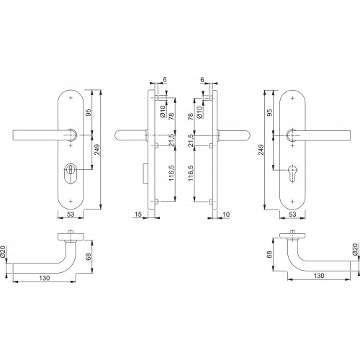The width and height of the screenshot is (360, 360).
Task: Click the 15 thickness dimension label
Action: (138, 214)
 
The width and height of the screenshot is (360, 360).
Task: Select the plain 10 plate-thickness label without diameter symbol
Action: (226, 214)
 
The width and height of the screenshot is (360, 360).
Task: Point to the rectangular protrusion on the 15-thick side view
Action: (145, 174)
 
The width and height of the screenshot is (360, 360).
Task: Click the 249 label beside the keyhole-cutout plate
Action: (261, 150)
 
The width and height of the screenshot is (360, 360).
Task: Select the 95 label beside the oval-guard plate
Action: (89, 112)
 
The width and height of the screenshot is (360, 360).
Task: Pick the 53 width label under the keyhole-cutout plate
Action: (292, 214)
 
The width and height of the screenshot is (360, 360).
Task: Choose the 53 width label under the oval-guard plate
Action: (71, 214)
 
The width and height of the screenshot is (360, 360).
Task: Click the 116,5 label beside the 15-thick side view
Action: (171, 173)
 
